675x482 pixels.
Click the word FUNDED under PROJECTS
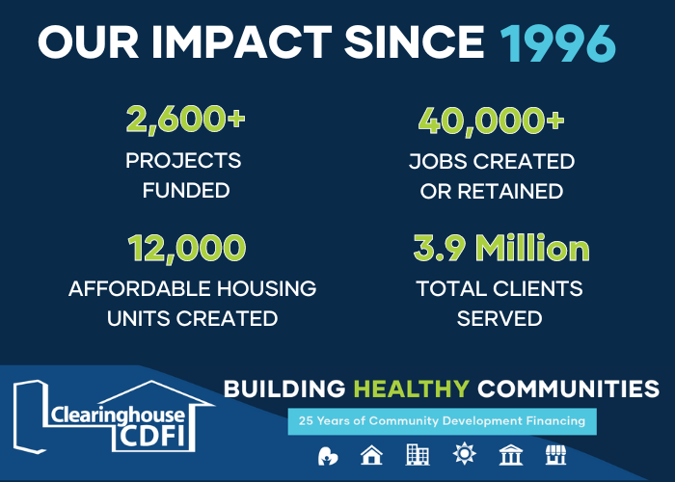186,191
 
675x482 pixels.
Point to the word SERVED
499,318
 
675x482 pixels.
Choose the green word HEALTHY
412,389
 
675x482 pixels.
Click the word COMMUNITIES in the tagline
569,389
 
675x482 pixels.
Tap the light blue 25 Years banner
443,421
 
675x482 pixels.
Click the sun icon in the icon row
463,455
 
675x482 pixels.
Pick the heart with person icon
328,455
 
